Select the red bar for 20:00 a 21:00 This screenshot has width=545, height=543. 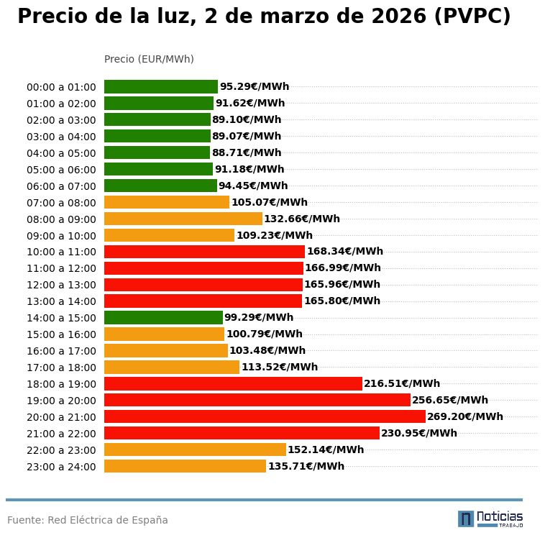coord(265,416)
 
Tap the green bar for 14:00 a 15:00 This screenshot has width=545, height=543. coord(163,317)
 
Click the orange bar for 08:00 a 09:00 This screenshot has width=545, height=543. coord(183,219)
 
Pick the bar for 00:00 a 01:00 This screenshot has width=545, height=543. coord(161,86)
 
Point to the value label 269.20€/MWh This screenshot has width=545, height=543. coord(465,416)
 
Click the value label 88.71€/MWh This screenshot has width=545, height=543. coord(247,152)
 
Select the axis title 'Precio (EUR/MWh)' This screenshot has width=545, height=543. coord(149,59)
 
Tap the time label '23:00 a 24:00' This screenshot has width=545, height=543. coord(61,467)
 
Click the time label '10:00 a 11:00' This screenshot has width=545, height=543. coord(61,252)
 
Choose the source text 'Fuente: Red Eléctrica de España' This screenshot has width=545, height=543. coord(88,520)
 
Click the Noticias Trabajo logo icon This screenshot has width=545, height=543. coord(466,519)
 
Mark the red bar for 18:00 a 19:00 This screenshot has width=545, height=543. coord(233,383)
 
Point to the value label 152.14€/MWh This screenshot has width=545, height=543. coord(326,450)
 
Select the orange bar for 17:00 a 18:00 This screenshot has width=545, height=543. coord(172,367)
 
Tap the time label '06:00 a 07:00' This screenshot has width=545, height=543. coord(61,186)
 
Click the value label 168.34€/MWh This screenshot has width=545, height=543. coord(345,252)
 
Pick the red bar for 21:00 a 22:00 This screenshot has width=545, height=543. coord(242,433)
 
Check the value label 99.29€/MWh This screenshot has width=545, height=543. coord(259,317)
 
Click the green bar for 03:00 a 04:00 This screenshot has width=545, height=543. coord(157,136)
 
